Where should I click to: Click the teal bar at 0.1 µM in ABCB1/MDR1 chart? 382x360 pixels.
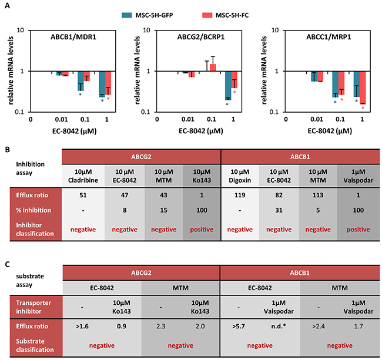click(x=80, y=81)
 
